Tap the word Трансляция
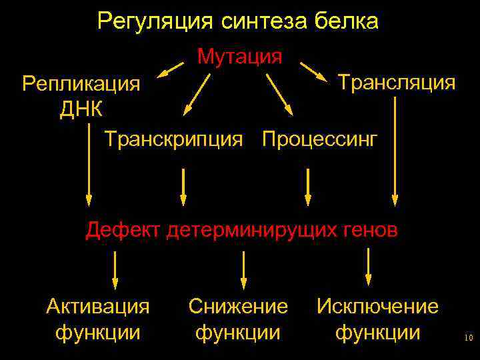pyautogui.click(x=397, y=83)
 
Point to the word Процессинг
pyautogui.click(x=320, y=140)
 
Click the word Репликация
pyautogui.click(x=81, y=84)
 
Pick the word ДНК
pyautogui.click(x=81, y=109)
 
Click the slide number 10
pyautogui.click(x=468, y=339)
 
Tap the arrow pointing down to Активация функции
pyautogui.click(x=116, y=270)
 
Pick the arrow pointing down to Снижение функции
pyautogui.click(x=244, y=270)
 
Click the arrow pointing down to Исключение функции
pyautogui.click(x=368, y=267)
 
